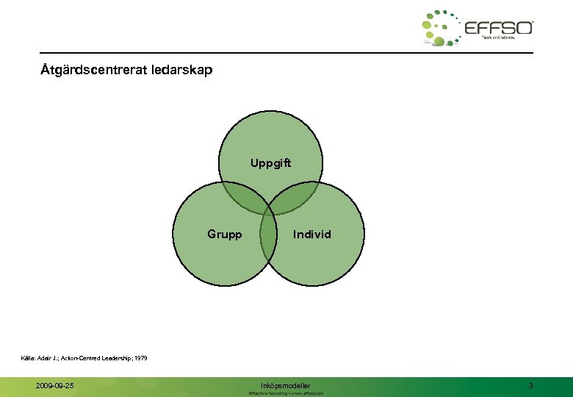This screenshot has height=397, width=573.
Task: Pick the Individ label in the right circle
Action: coord(312,235)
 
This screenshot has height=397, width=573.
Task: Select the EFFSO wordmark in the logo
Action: coord(499,27)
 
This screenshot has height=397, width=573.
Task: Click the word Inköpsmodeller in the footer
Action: coord(286,385)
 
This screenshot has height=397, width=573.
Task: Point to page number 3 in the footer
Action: coord(530,385)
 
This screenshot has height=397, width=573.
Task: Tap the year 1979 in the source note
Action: coord(141,358)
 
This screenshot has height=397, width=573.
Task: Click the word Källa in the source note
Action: coord(31,358)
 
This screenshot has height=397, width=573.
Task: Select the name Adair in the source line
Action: coord(49,358)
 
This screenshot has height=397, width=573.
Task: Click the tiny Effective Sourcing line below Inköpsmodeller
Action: coord(286,393)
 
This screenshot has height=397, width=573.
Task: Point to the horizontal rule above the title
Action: coord(286,53)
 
